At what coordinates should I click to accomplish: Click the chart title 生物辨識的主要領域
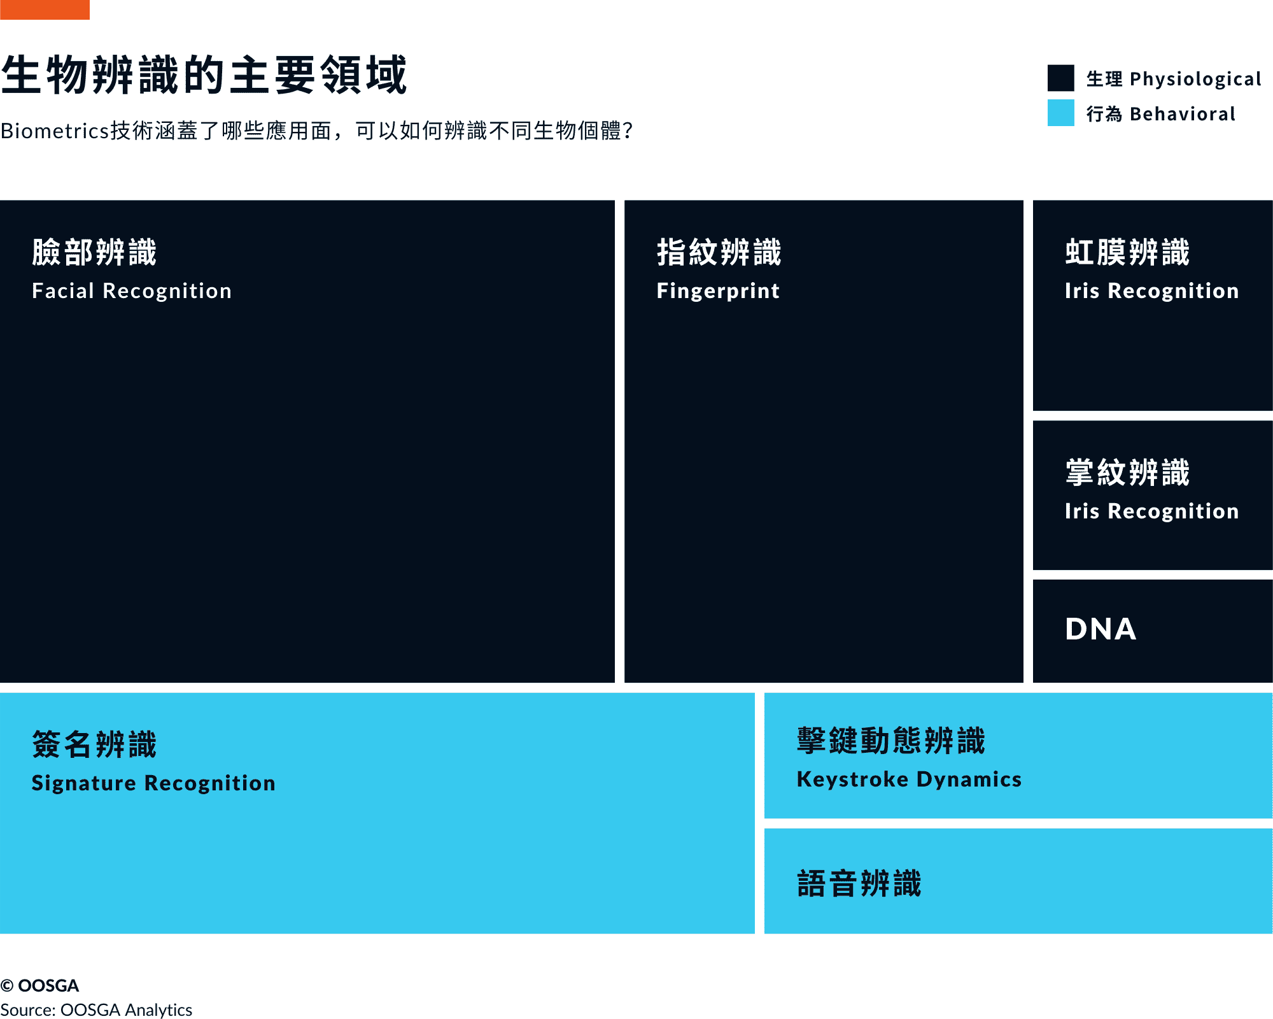coord(204,75)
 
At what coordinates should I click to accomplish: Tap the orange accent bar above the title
coord(45,10)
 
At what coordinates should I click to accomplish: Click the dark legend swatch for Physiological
coord(1060,78)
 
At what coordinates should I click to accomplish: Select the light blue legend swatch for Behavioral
coord(1060,113)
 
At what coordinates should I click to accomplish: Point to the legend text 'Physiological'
coord(1195,79)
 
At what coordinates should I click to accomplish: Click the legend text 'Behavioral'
coord(1183,114)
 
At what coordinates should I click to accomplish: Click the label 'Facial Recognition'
coord(132,291)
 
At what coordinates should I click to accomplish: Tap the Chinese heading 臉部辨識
coord(94,252)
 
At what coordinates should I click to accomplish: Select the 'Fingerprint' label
coord(718,291)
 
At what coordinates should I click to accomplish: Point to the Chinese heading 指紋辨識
coord(719,252)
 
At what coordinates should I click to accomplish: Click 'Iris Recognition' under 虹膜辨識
coord(1152,291)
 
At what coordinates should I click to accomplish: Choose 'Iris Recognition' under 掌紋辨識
coord(1152,511)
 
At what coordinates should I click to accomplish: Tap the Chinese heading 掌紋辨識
coord(1127,473)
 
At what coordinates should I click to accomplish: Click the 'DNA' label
coord(1101,629)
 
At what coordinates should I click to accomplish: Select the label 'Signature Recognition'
coord(153,783)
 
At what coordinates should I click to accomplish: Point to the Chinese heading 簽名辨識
coord(94,745)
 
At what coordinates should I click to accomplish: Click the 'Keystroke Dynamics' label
coord(909,780)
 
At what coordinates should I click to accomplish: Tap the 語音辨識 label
coord(859,884)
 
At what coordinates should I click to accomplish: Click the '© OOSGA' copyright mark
coord(39,985)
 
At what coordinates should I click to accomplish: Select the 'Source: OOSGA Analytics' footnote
coord(96,1009)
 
